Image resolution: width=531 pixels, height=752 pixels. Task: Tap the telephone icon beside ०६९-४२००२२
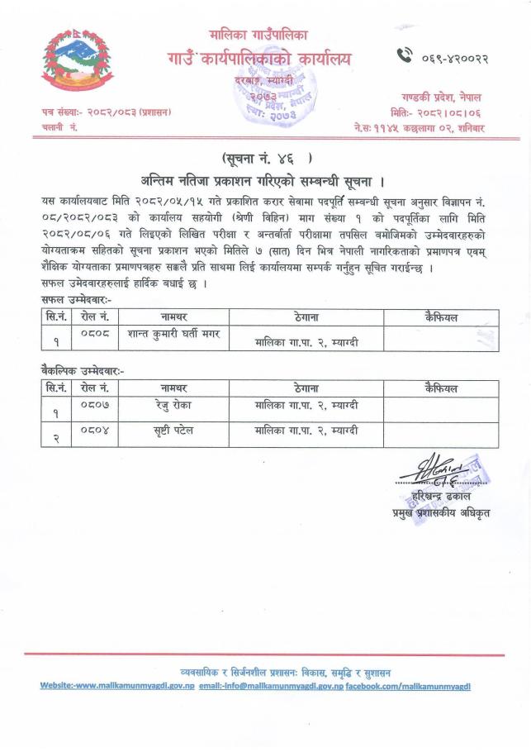[405, 56]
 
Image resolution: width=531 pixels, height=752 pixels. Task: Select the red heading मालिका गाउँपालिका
[258, 35]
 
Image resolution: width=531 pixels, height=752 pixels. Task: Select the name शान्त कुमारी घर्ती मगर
[173, 333]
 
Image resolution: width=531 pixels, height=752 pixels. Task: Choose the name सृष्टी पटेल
[173, 431]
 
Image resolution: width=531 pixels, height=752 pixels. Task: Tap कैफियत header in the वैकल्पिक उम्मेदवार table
[440, 388]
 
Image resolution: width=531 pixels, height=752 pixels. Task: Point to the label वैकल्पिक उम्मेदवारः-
[83, 372]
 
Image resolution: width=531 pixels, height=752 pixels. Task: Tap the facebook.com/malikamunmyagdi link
[408, 686]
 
